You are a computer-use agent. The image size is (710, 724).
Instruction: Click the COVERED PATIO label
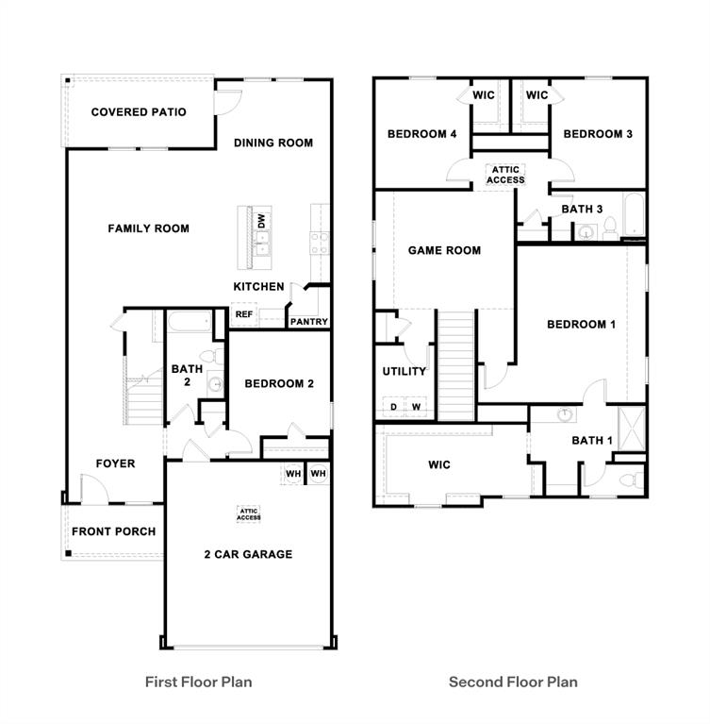pos(139,112)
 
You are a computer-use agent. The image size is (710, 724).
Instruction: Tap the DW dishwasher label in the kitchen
pos(261,220)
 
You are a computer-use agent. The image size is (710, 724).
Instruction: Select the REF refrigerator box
pos(244,314)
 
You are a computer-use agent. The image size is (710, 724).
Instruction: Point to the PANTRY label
pos(309,321)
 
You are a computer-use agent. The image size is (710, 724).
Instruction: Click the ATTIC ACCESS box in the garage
pos(249,514)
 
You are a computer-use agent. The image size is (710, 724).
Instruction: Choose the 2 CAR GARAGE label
pos(248,554)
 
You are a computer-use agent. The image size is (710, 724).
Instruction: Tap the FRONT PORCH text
pos(113,531)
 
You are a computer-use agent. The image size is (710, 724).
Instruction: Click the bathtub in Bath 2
pos(190,321)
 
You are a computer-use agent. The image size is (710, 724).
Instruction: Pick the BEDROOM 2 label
pos(279,383)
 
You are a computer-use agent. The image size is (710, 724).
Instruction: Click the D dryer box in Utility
pos(393,407)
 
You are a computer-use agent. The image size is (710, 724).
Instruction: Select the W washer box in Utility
pos(416,407)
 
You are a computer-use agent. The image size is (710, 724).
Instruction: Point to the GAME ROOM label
pos(444,250)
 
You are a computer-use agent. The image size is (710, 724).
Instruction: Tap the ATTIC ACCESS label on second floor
pos(505,175)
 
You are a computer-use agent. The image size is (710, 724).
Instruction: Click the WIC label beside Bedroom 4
pos(484,95)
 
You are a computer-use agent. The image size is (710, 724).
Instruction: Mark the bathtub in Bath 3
pos(634,214)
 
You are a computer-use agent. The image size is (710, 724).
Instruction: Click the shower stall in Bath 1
pos(632,428)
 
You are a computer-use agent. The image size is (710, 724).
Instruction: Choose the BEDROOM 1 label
pos(581,324)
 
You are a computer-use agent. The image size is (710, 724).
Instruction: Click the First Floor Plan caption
pos(198,682)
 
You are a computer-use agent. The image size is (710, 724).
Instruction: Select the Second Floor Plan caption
pos(513,682)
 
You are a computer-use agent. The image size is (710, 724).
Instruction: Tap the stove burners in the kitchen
pos(320,244)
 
